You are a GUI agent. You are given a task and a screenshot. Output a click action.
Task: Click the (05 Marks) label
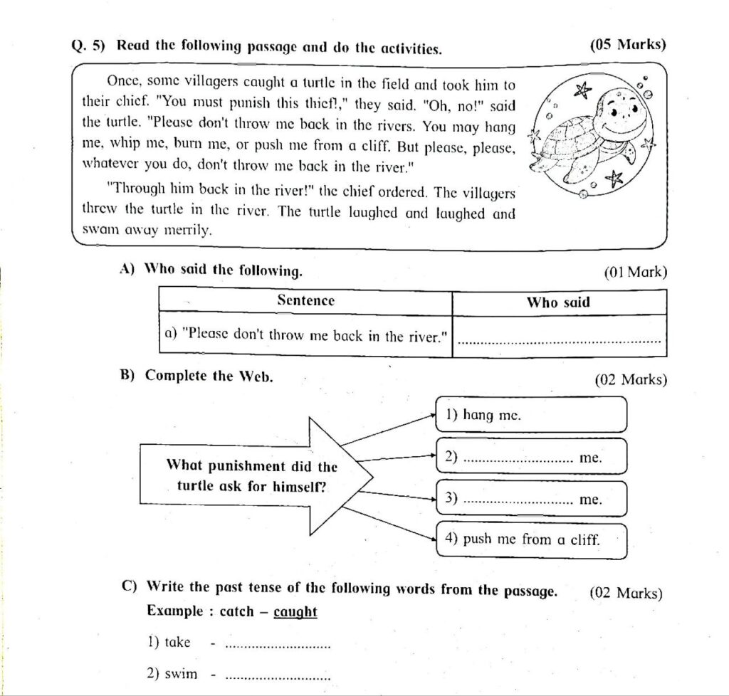[x=629, y=45]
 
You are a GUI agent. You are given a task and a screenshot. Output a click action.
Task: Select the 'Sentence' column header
[x=305, y=301]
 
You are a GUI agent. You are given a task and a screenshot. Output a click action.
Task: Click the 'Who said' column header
[x=558, y=302]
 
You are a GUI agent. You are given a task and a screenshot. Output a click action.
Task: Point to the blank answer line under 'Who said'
[x=560, y=341]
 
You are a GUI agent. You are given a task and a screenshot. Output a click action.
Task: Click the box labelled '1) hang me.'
[x=530, y=415]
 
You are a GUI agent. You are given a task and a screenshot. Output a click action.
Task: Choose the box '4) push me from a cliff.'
[x=530, y=540]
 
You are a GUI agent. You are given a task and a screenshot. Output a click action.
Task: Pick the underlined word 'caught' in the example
[x=295, y=612]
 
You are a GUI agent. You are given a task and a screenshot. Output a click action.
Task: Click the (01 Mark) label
[x=635, y=272]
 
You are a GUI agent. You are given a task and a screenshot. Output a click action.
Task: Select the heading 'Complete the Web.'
[x=209, y=376]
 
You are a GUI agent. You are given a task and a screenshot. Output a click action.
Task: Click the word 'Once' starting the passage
[x=122, y=83]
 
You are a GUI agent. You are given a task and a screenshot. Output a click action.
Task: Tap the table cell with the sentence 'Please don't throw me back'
[x=305, y=335]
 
